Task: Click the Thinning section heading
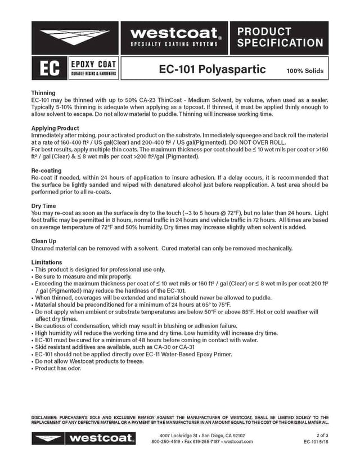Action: coord(43,93)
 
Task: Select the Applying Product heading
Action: coord(55,128)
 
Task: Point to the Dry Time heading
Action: coord(44,206)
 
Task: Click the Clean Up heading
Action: coord(44,241)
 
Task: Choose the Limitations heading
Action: coord(47,262)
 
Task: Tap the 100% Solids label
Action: coord(305,71)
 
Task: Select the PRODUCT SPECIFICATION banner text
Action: coord(280,37)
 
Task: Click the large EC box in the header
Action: coord(47,69)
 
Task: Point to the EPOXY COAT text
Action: coord(93,64)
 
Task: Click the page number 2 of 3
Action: coord(323,435)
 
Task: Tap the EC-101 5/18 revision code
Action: coord(316,442)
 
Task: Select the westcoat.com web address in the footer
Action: coord(238,442)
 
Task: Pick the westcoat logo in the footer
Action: coord(83,438)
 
